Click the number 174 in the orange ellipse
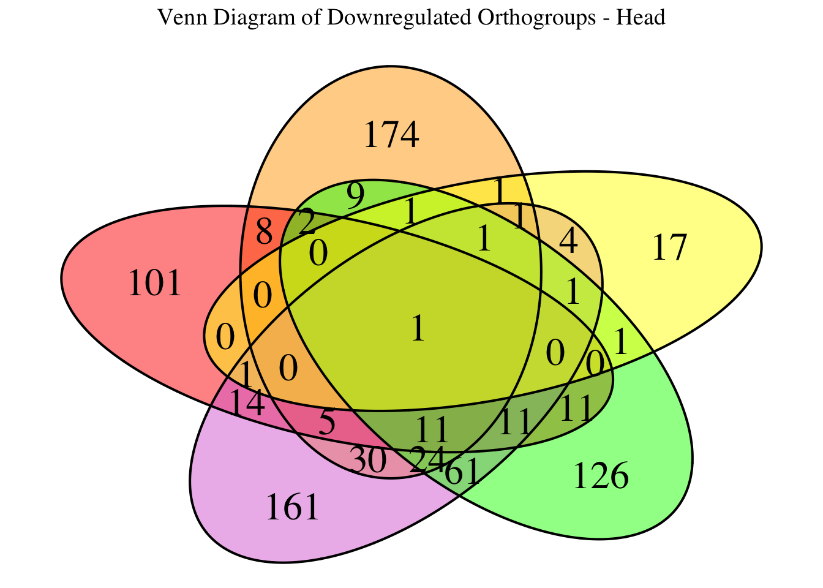[391, 135]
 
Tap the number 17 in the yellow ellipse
[670, 249]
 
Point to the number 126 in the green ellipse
[601, 477]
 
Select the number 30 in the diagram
[368, 460]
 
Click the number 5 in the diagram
[328, 423]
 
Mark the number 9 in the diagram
[355, 197]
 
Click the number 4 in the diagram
[568, 244]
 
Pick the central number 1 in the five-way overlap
[418, 330]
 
